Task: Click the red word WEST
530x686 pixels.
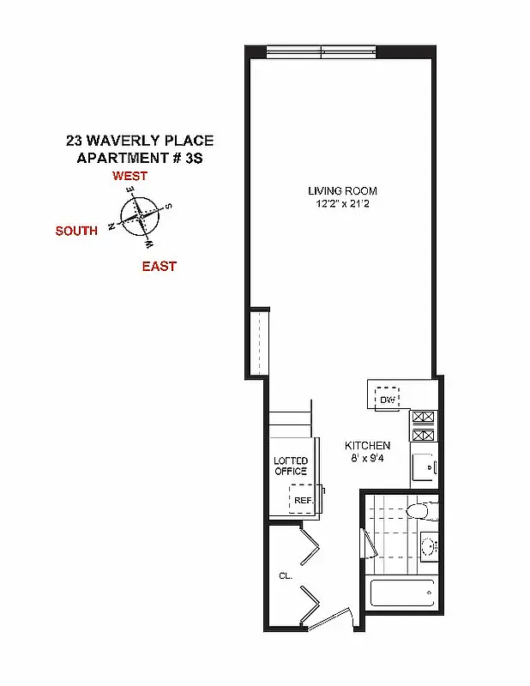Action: coord(129,176)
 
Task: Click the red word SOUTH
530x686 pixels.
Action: coord(76,231)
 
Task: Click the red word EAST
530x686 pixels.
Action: coord(159,267)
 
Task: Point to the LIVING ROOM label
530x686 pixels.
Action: coord(342,191)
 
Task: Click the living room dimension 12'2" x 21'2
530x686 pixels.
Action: coord(342,204)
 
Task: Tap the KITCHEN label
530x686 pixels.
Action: coord(367,446)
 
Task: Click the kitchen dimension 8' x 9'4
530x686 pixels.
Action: coord(367,459)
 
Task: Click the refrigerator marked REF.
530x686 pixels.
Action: coord(302,500)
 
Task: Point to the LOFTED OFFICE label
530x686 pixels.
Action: coord(290,466)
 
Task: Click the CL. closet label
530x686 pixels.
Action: coord(286,576)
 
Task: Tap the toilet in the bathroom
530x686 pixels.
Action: coord(419,512)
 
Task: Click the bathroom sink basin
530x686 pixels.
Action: coord(428,544)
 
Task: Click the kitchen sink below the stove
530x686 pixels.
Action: coord(422,468)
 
